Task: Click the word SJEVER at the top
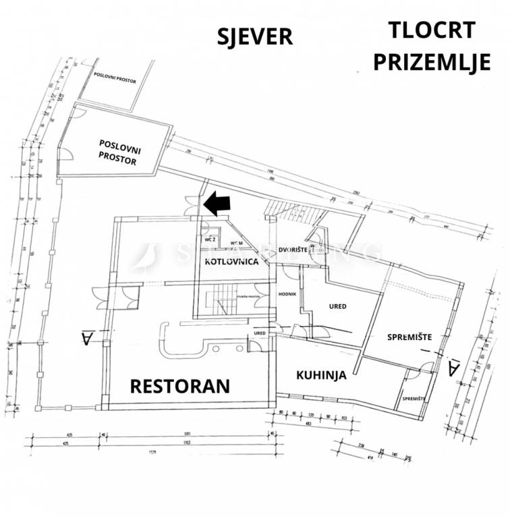[255, 36]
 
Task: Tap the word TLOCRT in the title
[432, 30]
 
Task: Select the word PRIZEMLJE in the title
[432, 62]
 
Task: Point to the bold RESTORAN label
[180, 386]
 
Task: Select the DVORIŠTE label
[293, 250]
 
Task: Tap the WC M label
[237, 243]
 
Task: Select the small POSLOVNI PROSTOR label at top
[115, 81]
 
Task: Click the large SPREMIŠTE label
[409, 337]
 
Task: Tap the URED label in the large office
[337, 307]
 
